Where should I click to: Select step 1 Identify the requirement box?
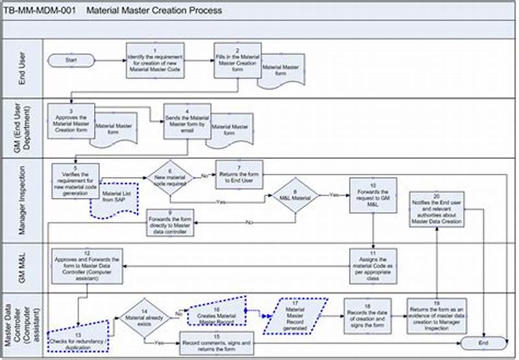pyautogui.click(x=154, y=62)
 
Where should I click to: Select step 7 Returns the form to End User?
pyautogui.click(x=241, y=175)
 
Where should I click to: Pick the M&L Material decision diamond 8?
pyautogui.click(x=294, y=195)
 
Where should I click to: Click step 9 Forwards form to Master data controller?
pyautogui.click(x=169, y=223)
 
